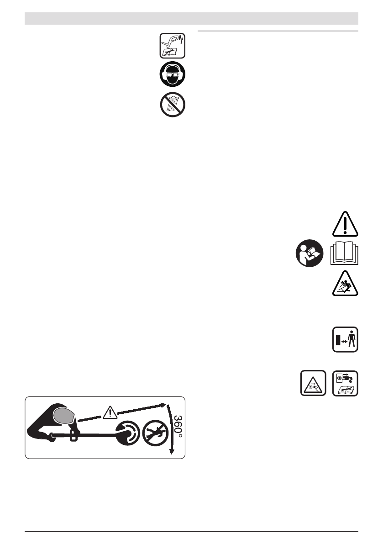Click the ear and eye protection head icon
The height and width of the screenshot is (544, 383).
[x=173, y=74]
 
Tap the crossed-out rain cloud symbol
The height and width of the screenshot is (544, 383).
[x=173, y=105]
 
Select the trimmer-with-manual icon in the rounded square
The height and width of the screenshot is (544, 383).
[x=173, y=45]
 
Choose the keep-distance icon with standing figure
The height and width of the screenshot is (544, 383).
[x=345, y=340]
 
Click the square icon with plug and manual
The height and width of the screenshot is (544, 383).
[x=345, y=383]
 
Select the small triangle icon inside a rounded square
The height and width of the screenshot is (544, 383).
[x=313, y=383]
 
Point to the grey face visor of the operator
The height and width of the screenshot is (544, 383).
[x=63, y=416]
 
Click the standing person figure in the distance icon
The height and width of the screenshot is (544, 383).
[x=351, y=340]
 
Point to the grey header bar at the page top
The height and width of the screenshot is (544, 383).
[x=191, y=19]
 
